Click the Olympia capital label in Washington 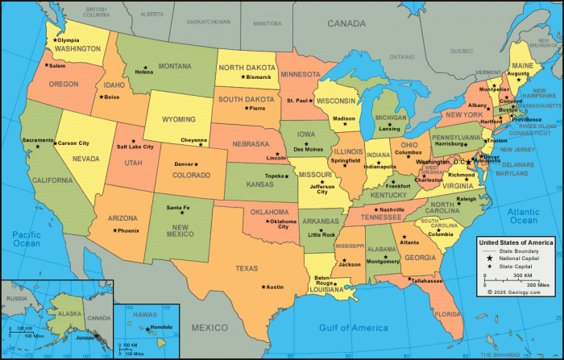(x=68, y=39)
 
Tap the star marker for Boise (x=102, y=97)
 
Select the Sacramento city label (x=38, y=140)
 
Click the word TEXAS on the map (x=247, y=268)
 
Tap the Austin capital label (x=275, y=287)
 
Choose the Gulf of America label (x=353, y=328)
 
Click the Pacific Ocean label (x=26, y=238)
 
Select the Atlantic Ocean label (x=523, y=215)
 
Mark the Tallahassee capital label (x=427, y=281)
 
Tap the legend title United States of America (x=516, y=242)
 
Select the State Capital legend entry (x=517, y=266)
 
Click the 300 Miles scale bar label (x=537, y=285)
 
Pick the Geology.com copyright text (x=516, y=292)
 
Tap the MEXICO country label (x=209, y=327)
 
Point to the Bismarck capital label (x=259, y=77)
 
